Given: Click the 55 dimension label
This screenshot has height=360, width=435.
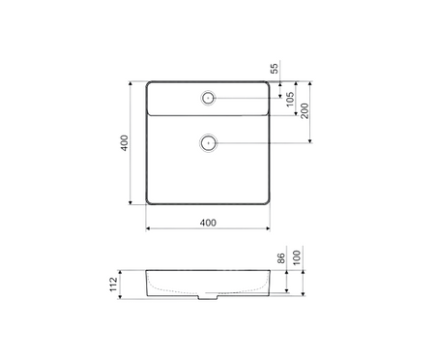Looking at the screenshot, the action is (274, 69).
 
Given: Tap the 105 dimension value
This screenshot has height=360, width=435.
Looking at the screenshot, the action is (290, 99).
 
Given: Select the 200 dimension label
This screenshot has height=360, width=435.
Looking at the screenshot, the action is (304, 110).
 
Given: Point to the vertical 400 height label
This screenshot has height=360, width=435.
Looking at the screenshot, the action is (125, 142).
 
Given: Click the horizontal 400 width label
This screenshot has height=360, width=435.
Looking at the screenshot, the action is (208, 223).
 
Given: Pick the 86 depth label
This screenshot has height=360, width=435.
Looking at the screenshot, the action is (281, 258).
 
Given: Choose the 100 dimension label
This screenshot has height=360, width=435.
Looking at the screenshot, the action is (297, 257).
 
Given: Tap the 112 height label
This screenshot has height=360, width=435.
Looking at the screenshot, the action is (113, 285).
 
